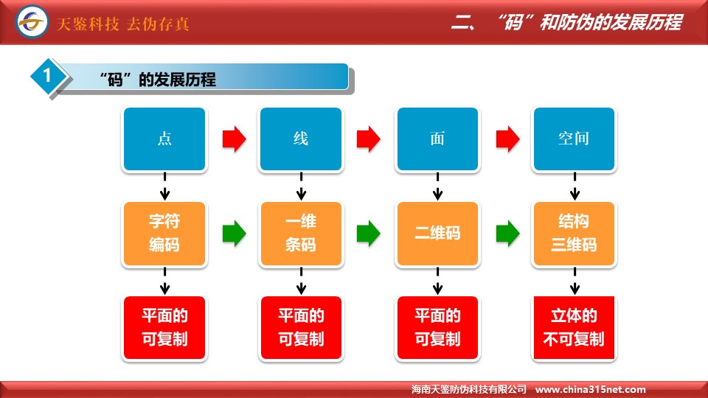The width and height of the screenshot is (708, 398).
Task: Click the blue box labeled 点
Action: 164,139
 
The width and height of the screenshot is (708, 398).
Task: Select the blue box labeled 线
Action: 301,139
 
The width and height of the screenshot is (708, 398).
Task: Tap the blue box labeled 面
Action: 437,139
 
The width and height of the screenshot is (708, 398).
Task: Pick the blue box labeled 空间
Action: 574,139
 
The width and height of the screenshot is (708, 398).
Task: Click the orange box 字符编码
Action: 164,234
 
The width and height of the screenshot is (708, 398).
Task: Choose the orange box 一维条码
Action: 301,234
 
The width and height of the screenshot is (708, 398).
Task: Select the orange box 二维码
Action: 437,234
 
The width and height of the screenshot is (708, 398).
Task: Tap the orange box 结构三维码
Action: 574,234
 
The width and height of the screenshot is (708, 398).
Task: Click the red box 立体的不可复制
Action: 574,328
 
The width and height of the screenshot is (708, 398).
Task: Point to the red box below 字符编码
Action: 164,328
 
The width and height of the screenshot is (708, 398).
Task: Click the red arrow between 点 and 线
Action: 234,139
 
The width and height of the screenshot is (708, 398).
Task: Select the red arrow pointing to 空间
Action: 507,139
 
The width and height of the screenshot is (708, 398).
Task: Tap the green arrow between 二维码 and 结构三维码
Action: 507,234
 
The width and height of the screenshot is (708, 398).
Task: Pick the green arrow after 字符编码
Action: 234,234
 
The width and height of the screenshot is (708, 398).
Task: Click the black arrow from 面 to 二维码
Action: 437,186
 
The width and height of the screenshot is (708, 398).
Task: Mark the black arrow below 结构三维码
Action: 575,281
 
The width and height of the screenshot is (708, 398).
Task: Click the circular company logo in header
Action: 32,21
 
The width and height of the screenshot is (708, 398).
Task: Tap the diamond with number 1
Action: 48,76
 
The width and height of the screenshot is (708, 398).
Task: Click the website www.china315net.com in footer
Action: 590,389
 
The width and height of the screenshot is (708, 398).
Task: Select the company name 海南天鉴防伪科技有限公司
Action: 469,389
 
